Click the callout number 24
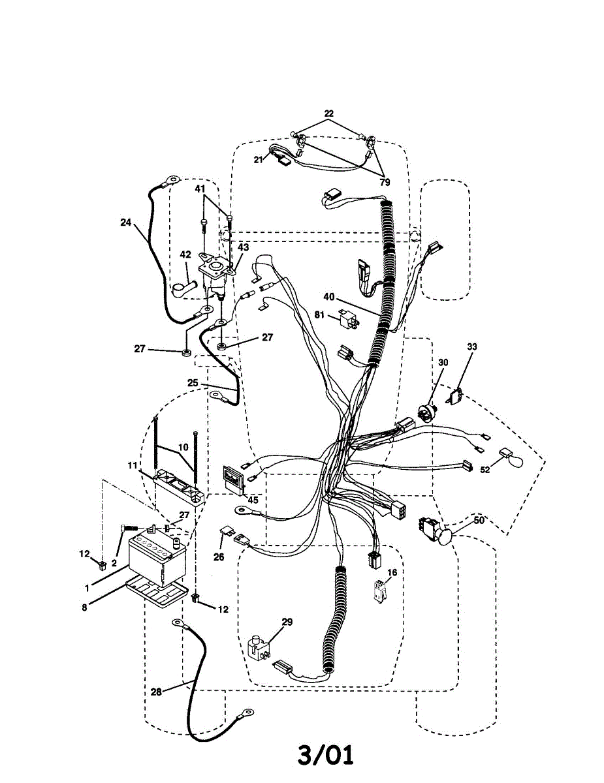pyautogui.click(x=125, y=222)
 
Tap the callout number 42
pyautogui.click(x=185, y=255)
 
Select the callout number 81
pyautogui.click(x=319, y=315)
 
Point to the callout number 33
pyautogui.click(x=471, y=346)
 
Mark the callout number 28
pyautogui.click(x=156, y=691)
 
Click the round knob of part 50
pyautogui.click(x=446, y=536)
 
